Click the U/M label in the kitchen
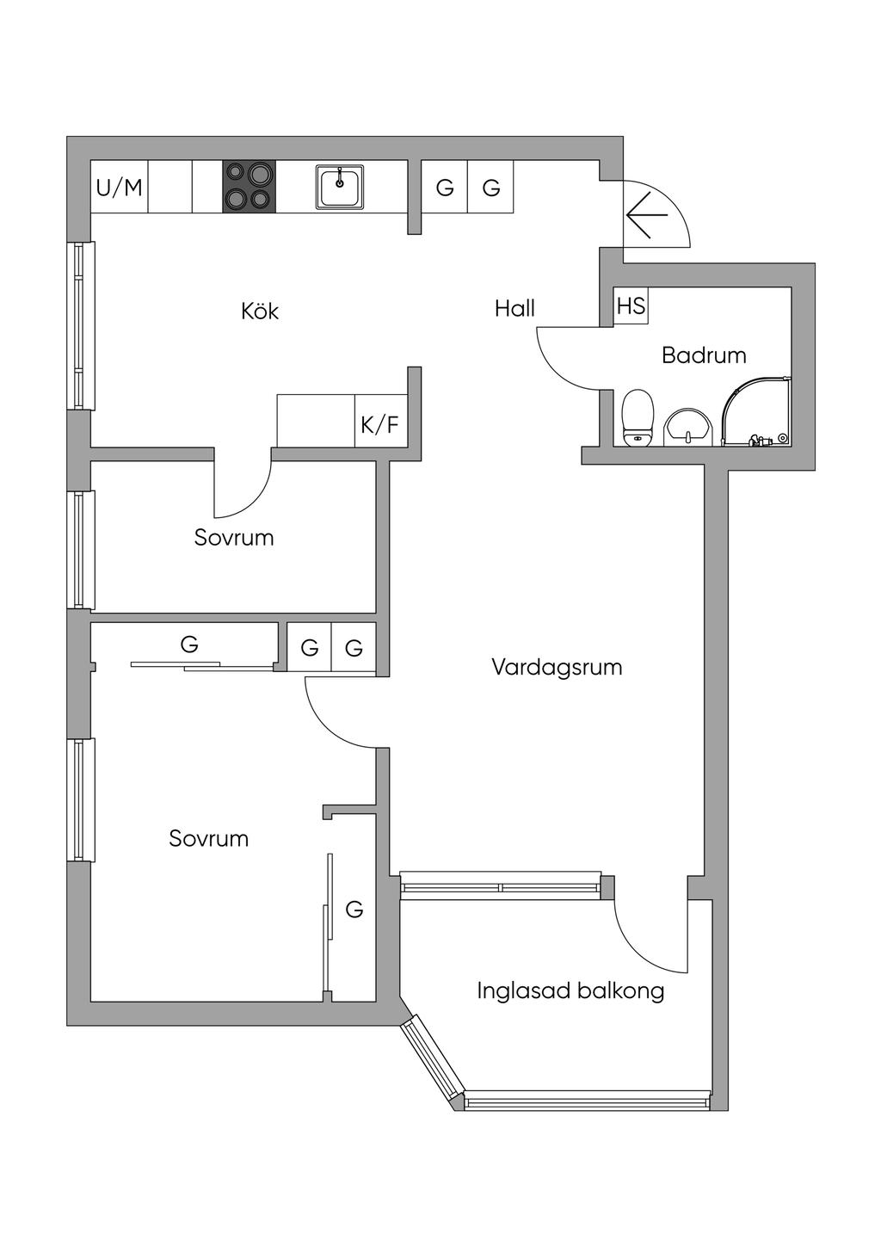coord(120,187)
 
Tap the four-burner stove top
coord(250,187)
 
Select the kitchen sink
coord(340,187)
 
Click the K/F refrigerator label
coord(379,423)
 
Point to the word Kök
coord(260,311)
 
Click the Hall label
coord(514,308)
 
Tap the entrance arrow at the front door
coord(647,214)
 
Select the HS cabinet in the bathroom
coord(631,306)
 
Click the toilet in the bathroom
coord(638,416)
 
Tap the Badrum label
coord(704,355)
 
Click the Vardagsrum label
coord(557,667)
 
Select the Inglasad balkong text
coord(570,990)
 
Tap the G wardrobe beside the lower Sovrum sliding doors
coord(354,909)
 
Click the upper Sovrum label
coord(234,538)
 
